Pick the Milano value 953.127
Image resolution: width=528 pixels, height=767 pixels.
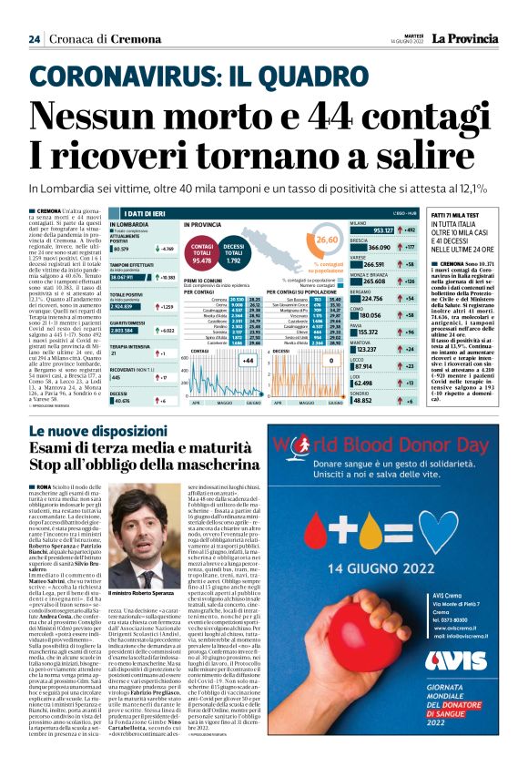pyautogui.click(x=383, y=231)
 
